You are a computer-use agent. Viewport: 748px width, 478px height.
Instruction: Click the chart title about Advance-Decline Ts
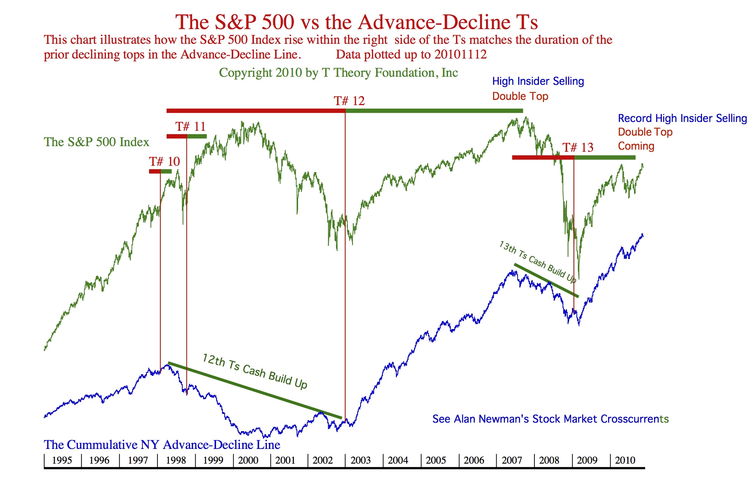(x=356, y=22)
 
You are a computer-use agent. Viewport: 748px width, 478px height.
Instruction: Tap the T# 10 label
(x=164, y=162)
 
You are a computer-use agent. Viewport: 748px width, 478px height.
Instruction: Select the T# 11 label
(x=190, y=127)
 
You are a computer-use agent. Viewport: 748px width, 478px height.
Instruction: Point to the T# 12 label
(x=349, y=101)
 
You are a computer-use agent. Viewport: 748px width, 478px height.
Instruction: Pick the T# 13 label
(x=578, y=148)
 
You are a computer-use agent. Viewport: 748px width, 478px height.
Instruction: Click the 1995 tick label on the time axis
(x=62, y=460)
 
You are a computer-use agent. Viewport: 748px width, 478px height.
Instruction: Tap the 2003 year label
(x=360, y=460)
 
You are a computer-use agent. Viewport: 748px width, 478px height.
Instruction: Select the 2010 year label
(x=625, y=460)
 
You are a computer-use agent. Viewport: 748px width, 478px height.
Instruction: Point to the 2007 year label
(x=512, y=460)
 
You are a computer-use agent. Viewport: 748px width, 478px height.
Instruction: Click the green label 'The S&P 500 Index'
(x=96, y=142)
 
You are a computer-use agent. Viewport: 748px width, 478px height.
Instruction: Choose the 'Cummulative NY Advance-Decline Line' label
(x=162, y=445)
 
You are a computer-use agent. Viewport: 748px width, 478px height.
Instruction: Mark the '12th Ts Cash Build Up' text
(x=255, y=371)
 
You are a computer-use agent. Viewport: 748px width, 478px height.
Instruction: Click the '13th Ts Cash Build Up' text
(x=538, y=261)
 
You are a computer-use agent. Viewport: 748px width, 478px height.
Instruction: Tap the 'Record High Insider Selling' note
(x=682, y=118)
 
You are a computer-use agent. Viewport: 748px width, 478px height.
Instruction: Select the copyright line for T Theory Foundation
(x=338, y=73)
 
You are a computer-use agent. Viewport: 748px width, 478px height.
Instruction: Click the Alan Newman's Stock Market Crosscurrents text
(x=551, y=419)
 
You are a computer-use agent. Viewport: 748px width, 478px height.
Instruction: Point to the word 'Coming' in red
(x=636, y=146)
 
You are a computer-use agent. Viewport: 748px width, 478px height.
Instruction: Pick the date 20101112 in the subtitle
(x=460, y=55)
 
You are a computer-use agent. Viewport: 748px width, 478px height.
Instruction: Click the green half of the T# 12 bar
(x=434, y=111)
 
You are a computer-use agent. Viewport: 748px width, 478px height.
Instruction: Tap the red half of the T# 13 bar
(x=543, y=158)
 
